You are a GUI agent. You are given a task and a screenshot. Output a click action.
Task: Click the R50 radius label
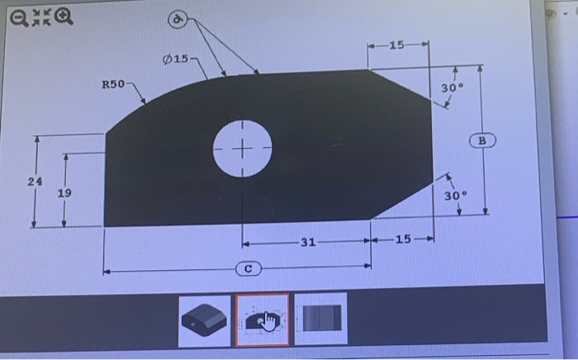pyautogui.click(x=112, y=84)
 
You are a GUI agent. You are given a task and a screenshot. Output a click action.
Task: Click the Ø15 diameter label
pyautogui.click(x=175, y=60)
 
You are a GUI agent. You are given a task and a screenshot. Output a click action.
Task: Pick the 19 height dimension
pyautogui.click(x=64, y=193)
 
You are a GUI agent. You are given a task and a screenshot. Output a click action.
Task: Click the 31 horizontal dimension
pyautogui.click(x=308, y=241)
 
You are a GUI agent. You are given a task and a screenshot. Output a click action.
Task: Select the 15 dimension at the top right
pyautogui.click(x=397, y=44)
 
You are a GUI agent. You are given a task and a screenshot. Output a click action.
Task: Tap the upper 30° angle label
pyautogui.click(x=451, y=88)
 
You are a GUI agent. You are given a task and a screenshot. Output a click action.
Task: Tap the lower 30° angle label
pyautogui.click(x=456, y=196)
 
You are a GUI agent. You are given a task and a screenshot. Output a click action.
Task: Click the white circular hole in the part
pyautogui.click(x=242, y=149)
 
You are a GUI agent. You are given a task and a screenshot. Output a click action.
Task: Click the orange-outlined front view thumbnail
pyautogui.click(x=263, y=318)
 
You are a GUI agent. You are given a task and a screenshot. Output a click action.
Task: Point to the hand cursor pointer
pyautogui.click(x=269, y=322)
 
